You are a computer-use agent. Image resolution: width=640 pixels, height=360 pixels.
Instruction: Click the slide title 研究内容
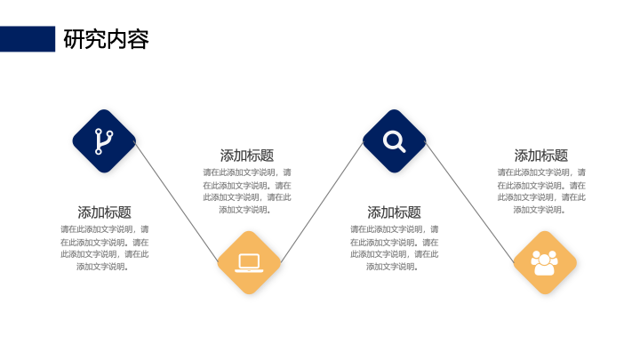[x=106, y=39]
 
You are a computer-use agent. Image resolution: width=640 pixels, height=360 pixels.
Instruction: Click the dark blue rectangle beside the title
[x=28, y=39]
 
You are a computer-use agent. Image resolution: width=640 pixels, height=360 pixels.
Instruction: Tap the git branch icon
[x=104, y=141]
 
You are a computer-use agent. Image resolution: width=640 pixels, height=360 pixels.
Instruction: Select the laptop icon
[x=249, y=263]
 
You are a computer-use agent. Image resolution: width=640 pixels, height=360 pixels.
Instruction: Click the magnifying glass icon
[x=394, y=141]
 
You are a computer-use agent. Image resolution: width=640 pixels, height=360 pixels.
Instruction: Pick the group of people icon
[x=545, y=263]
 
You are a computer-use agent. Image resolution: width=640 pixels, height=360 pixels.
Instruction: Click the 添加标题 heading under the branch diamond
[x=105, y=212]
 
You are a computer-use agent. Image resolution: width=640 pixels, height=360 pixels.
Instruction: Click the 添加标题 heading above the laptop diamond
[x=247, y=155]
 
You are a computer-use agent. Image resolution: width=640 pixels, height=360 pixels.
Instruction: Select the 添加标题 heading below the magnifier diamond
[x=394, y=212]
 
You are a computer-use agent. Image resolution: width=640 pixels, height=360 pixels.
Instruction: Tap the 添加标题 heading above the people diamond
[x=540, y=155]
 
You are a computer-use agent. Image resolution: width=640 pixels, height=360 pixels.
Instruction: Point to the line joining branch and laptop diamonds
[x=177, y=202]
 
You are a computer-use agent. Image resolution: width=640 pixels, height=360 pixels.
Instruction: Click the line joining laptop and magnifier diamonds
[x=322, y=202]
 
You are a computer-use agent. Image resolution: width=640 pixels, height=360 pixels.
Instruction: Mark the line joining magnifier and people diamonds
[x=469, y=202]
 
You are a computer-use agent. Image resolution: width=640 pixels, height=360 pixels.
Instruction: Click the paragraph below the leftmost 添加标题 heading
[x=105, y=248]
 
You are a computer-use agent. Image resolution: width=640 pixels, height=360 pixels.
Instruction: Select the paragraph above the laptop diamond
[x=247, y=191]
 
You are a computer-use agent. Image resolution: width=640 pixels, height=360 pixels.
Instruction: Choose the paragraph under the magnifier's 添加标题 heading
[x=394, y=248]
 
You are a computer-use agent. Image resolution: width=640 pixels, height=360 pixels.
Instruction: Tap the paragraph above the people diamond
[x=541, y=191]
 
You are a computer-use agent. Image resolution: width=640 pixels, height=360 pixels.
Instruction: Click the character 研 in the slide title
[x=74, y=39]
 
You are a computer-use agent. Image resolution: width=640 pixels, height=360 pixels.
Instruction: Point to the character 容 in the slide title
[x=139, y=39]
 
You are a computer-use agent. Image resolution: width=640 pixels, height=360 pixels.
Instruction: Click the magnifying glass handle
[x=401, y=148]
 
